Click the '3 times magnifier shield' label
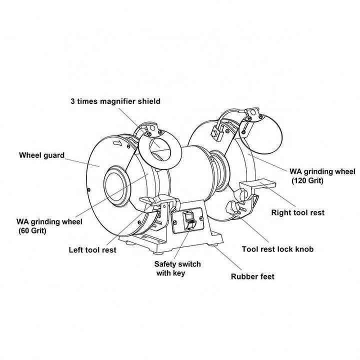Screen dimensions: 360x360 115,101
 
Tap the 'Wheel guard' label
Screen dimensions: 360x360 41,155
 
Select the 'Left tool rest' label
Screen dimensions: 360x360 92,249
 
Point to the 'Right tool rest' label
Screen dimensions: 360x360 297,212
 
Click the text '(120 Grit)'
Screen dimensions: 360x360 307,180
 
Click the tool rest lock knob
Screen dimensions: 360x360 233,206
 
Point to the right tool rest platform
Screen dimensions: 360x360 257,187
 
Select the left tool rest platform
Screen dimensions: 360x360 157,201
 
